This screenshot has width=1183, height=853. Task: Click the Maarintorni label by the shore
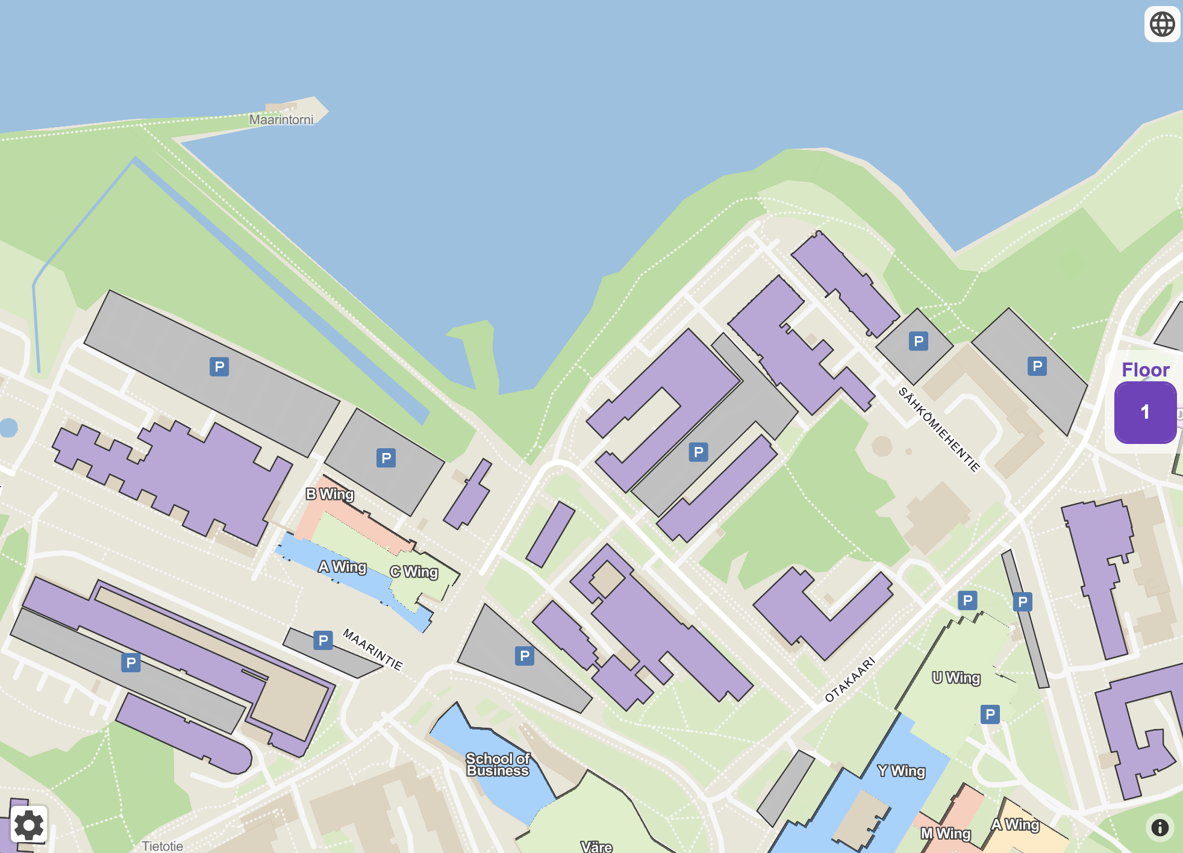click(x=281, y=119)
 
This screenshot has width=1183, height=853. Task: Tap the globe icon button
click(x=1162, y=25)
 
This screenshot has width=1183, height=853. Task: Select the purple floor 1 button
click(x=1144, y=413)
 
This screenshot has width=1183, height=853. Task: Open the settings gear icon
click(x=28, y=825)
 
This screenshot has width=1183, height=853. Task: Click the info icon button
click(x=1160, y=827)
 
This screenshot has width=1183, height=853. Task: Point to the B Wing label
click(x=329, y=494)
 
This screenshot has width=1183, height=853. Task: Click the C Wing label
click(x=414, y=572)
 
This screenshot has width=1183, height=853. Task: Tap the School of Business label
click(x=498, y=764)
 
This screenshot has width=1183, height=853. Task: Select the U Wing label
click(x=956, y=678)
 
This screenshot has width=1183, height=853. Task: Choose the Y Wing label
click(x=901, y=770)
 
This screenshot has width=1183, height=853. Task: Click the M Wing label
click(x=946, y=833)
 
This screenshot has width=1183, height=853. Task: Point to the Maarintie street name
click(x=372, y=649)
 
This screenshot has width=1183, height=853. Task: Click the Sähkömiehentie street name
click(x=939, y=428)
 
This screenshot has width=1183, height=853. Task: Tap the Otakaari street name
click(x=850, y=680)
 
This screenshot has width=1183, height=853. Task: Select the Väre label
click(x=596, y=846)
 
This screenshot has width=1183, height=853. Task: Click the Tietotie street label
click(x=163, y=846)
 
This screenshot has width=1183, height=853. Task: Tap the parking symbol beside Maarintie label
click(x=323, y=640)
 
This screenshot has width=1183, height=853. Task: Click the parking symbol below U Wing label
click(x=990, y=714)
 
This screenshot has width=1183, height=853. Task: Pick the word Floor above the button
click(x=1145, y=369)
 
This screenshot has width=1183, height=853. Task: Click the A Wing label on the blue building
click(x=342, y=567)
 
